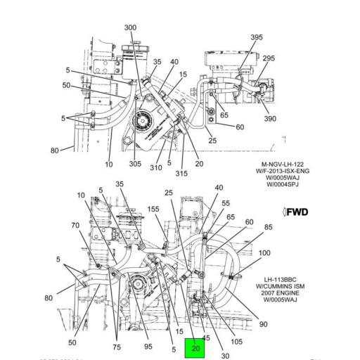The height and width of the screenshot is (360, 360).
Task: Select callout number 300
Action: pyautogui.click(x=130, y=27)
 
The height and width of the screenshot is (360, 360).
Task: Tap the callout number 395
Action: pyautogui.click(x=257, y=37)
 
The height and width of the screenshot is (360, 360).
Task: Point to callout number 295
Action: pyautogui.click(x=269, y=58)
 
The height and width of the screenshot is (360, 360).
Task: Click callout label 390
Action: pyautogui.click(x=271, y=120)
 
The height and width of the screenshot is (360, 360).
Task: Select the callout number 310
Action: pyautogui.click(x=156, y=167)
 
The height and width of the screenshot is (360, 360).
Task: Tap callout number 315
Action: pyautogui.click(x=181, y=174)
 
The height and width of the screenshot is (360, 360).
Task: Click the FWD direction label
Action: pyautogui.click(x=296, y=212)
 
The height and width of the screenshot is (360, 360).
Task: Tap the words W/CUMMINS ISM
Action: pyautogui.click(x=283, y=285)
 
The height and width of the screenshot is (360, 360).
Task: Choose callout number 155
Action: pyautogui.click(x=153, y=209)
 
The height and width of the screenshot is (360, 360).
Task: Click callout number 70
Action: pyautogui.click(x=75, y=226)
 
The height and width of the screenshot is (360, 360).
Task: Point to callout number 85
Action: pyautogui.click(x=268, y=227)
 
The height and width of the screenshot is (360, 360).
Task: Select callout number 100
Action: pyautogui.click(x=264, y=253)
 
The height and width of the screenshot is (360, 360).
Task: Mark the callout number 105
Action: pyautogui.click(x=236, y=342)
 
